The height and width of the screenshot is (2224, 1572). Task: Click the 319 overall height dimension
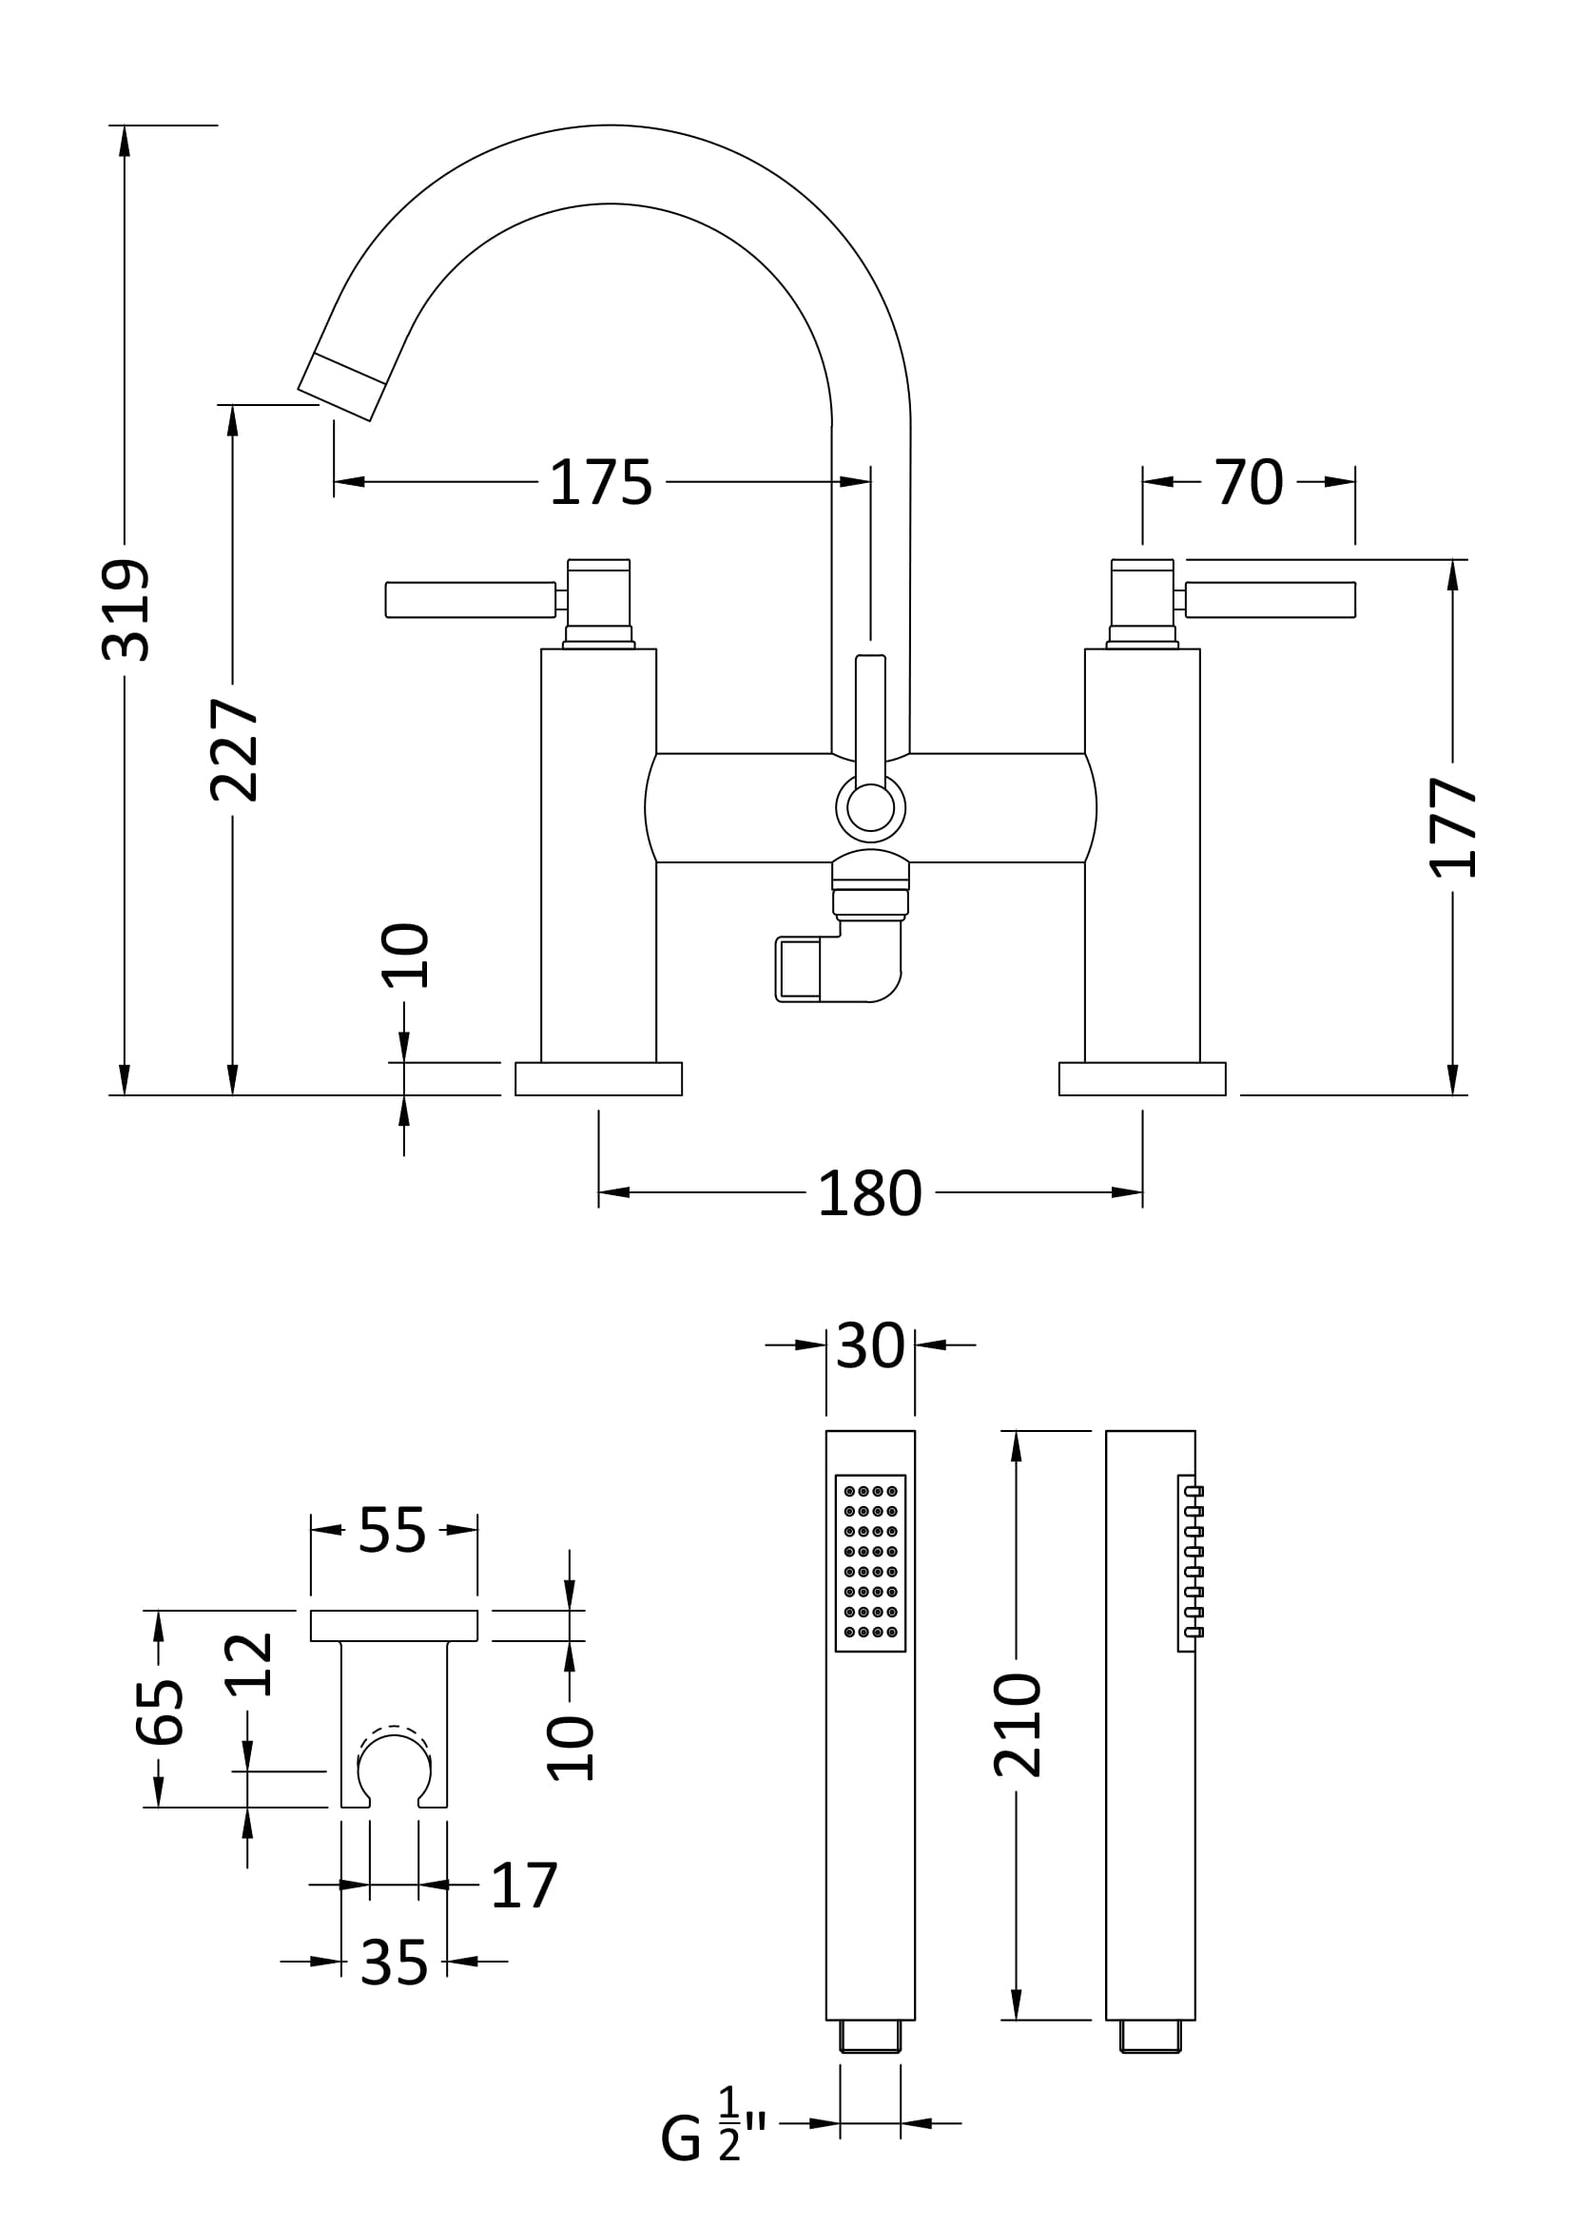click(126, 609)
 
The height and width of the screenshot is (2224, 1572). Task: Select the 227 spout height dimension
click(234, 751)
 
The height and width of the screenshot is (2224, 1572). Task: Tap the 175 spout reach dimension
click(600, 482)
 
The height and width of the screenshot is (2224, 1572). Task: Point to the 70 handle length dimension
click(1249, 481)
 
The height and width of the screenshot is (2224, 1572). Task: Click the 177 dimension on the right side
click(1453, 826)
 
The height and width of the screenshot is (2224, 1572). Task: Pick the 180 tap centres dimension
click(869, 1193)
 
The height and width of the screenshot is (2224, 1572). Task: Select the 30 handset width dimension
click(870, 1345)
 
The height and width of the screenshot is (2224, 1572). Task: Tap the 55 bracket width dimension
click(392, 1531)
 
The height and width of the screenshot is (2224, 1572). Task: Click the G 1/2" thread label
click(713, 2136)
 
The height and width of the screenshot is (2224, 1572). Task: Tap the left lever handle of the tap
click(471, 600)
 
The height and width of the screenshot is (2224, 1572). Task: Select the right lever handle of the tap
click(1270, 600)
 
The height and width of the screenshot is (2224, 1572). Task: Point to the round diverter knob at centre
click(870, 808)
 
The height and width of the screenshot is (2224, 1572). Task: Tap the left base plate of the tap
click(598, 1079)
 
